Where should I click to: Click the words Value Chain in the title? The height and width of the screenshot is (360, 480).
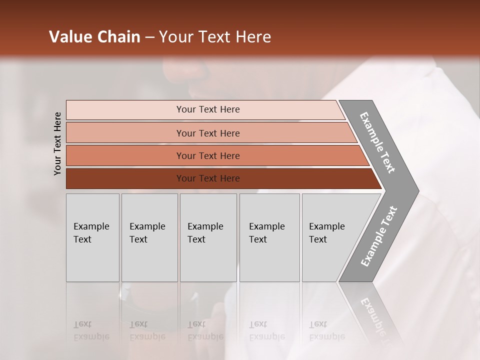point(94,37)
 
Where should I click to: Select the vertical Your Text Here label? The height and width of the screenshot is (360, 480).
point(57,143)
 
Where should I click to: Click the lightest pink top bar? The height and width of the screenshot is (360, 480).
point(125,110)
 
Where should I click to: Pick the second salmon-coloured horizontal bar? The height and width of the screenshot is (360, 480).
point(125,133)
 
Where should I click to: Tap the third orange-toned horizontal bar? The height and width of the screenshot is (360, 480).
point(125,155)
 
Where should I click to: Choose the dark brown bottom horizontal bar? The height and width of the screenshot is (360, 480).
point(125,178)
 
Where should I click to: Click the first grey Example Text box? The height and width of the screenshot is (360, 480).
point(92,237)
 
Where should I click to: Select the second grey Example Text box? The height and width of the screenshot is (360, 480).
point(149,237)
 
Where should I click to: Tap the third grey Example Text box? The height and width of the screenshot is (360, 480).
point(208,237)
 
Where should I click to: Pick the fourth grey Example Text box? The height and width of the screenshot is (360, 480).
point(269,237)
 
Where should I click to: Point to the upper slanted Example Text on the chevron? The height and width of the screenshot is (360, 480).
point(377,142)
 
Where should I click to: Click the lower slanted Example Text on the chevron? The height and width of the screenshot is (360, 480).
point(378,236)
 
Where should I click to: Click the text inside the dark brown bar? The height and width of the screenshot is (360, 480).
point(208,178)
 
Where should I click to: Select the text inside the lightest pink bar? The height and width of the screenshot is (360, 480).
point(208,109)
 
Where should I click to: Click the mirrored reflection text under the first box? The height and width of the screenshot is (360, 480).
point(91,331)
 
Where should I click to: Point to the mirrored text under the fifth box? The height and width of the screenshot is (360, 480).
point(326,331)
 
